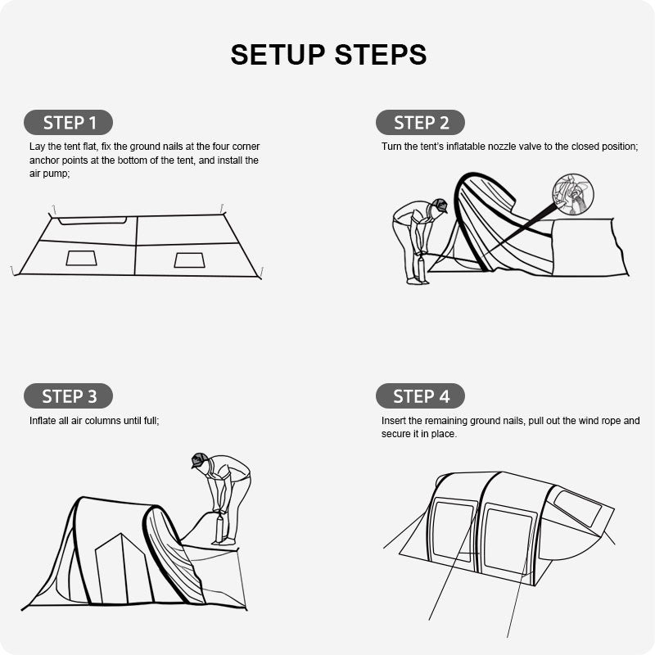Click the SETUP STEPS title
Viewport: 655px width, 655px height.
[328, 55]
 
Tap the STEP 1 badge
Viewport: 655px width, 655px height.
[69, 122]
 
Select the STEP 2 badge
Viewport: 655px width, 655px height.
[420, 122]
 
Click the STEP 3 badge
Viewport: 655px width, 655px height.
[69, 395]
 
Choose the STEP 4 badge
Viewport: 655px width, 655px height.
[420, 395]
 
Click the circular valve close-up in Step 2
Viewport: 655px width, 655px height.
[572, 194]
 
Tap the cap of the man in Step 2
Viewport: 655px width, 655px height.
[440, 206]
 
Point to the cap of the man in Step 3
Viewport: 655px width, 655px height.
[199, 459]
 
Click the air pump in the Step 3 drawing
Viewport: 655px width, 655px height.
[219, 527]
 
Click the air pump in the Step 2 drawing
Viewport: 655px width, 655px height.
[421, 267]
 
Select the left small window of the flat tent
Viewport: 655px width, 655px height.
[81, 258]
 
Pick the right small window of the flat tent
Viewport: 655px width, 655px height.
[190, 260]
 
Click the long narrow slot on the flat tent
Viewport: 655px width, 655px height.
[93, 220]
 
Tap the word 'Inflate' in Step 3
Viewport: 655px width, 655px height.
[43, 421]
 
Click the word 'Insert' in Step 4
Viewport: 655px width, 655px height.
[394, 421]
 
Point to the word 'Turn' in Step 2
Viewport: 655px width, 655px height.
[391, 147]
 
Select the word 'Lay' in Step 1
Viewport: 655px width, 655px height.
[37, 147]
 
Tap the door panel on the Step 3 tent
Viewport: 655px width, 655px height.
[122, 568]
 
